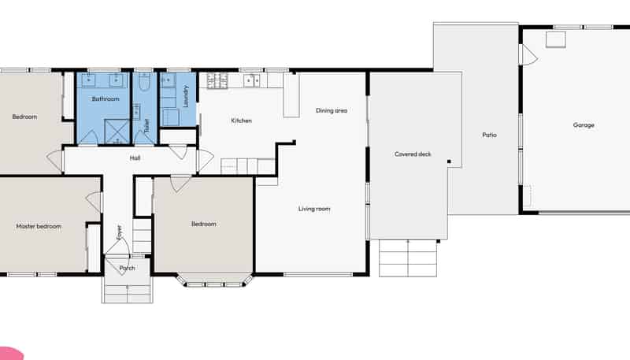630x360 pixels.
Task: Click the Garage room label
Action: click(584, 125)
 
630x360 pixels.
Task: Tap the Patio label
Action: click(489, 135)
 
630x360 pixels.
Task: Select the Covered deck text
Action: click(413, 154)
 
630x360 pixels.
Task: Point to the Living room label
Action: click(314, 209)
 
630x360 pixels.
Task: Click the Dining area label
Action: click(332, 110)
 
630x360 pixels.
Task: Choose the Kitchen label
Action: click(242, 121)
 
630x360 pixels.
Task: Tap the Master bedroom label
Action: click(39, 226)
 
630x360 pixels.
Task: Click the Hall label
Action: click(135, 158)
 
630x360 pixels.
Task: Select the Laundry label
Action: click(186, 96)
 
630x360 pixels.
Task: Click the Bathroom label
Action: click(106, 98)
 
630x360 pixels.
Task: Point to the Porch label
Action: click(127, 268)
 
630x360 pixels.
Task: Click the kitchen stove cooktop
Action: click(217, 80)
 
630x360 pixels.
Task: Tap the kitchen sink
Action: click(251, 80)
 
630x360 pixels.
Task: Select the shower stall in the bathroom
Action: click(117, 131)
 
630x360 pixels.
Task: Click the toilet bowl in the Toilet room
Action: click(144, 82)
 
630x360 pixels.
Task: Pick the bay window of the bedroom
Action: click(215, 280)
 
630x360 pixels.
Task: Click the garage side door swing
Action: click(528, 54)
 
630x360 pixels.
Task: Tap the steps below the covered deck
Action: click(408, 258)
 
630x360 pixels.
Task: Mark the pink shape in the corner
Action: click(10, 354)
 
